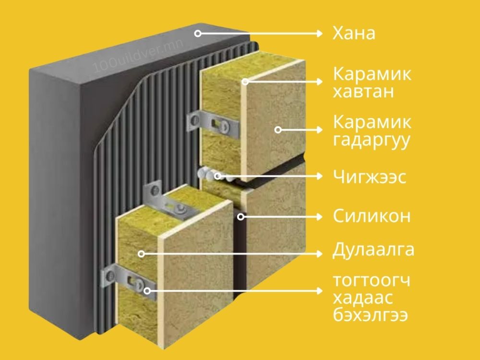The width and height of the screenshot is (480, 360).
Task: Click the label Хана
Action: click(x=354, y=34)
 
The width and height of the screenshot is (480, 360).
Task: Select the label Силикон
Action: click(x=372, y=216)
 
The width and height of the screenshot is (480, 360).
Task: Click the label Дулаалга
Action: click(x=373, y=251)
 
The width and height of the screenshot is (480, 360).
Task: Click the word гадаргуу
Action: click(x=372, y=142)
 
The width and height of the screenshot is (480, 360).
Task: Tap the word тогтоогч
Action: click(x=372, y=281)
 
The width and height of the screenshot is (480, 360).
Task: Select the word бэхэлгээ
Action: click(x=372, y=316)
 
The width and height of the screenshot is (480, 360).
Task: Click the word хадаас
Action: click(x=363, y=299)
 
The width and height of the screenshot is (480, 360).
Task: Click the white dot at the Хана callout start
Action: click(x=197, y=33)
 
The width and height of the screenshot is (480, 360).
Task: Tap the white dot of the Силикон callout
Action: click(x=240, y=216)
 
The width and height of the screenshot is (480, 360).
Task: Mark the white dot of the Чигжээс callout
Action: click(x=217, y=176)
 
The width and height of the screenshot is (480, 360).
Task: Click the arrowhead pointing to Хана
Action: click(x=320, y=33)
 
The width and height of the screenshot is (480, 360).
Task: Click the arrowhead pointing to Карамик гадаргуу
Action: click(x=320, y=129)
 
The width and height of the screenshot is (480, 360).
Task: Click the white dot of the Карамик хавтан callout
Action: click(x=245, y=82)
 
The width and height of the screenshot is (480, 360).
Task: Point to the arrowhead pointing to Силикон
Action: click(x=320, y=216)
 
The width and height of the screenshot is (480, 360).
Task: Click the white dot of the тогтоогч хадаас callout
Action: click(x=147, y=290)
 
